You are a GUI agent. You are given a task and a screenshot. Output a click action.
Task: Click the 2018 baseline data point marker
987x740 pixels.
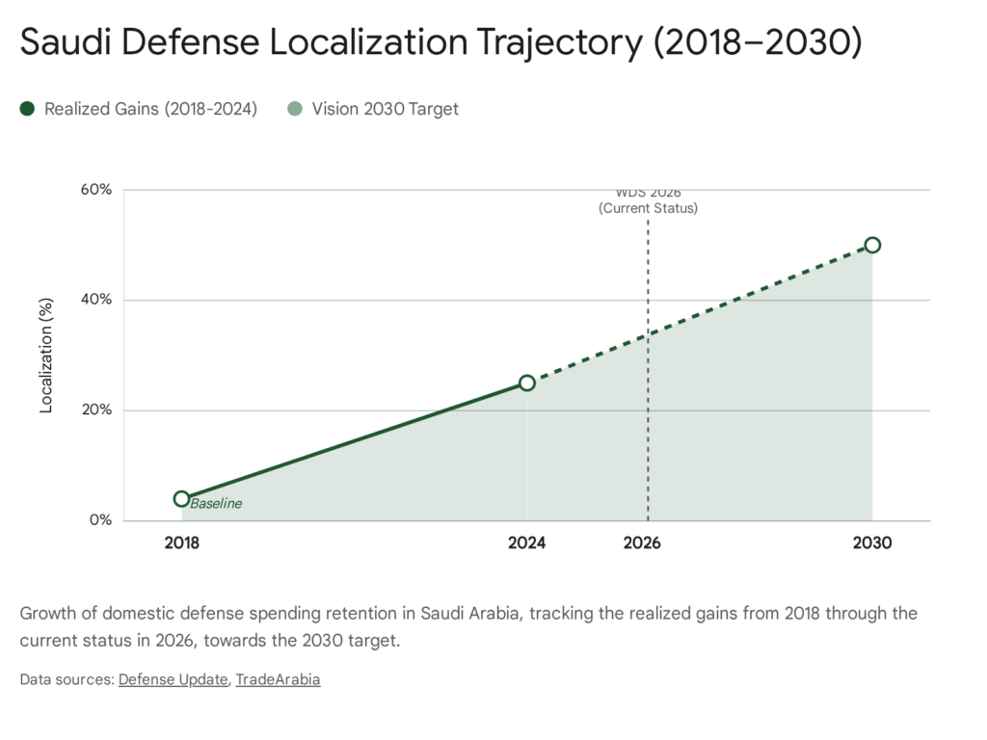[x=181, y=498]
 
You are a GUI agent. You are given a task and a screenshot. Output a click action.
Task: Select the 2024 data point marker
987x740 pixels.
[x=527, y=383]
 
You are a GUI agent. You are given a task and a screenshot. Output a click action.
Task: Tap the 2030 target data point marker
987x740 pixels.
[x=872, y=245]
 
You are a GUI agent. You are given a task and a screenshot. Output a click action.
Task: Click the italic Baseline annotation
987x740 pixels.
[x=216, y=503]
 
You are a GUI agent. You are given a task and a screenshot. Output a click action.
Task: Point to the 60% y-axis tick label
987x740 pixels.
[x=96, y=189]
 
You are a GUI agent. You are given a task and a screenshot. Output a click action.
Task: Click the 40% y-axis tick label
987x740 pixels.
[x=96, y=300]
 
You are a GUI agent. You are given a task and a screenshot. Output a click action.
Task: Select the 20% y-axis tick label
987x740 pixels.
[x=96, y=410]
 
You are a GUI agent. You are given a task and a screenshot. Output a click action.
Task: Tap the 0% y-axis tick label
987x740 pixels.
[x=100, y=520]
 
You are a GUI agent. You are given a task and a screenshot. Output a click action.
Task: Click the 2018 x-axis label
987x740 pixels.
[x=181, y=543]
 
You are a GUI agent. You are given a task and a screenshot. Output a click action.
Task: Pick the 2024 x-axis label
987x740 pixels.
[x=527, y=543]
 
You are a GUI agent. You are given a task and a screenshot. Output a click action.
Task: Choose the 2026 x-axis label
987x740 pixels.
[x=642, y=543]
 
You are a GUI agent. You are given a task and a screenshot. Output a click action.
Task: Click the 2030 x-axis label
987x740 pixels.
[x=872, y=543]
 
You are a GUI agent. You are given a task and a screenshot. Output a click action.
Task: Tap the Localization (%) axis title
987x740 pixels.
[x=45, y=356]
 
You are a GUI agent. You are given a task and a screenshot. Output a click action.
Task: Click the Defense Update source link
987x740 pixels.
[x=173, y=679]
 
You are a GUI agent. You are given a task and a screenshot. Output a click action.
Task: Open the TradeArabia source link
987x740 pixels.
[x=278, y=679]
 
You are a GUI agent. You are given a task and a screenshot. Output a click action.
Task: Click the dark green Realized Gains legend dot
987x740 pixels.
[x=27, y=109]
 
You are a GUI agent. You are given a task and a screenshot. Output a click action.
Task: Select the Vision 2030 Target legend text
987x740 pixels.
[x=385, y=109]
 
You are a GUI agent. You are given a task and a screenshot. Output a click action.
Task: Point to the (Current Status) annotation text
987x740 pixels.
[x=648, y=208]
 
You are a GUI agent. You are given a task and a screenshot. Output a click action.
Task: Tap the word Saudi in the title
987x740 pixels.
[x=64, y=43]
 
